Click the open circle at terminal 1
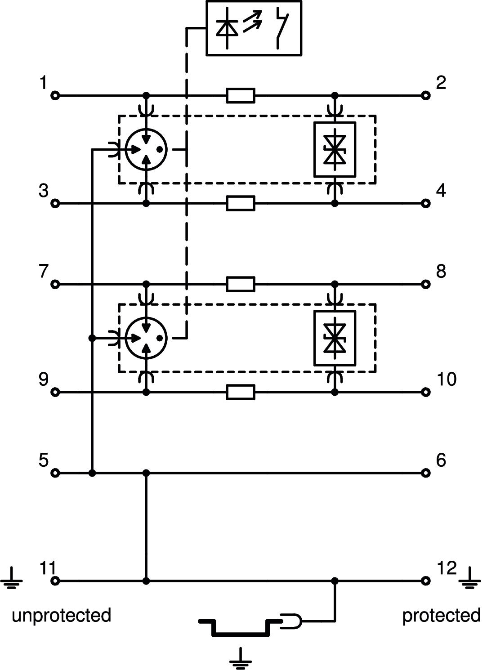55,95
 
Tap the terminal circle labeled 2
425,95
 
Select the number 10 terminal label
446,380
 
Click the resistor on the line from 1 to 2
241,95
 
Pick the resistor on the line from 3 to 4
241,203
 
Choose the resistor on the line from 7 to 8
241,284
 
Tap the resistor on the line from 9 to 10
241,392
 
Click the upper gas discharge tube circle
146,149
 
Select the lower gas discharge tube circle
146,338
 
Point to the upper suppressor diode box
335,149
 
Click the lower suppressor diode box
335,338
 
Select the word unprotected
61,615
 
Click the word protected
441,615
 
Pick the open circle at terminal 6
425,473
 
